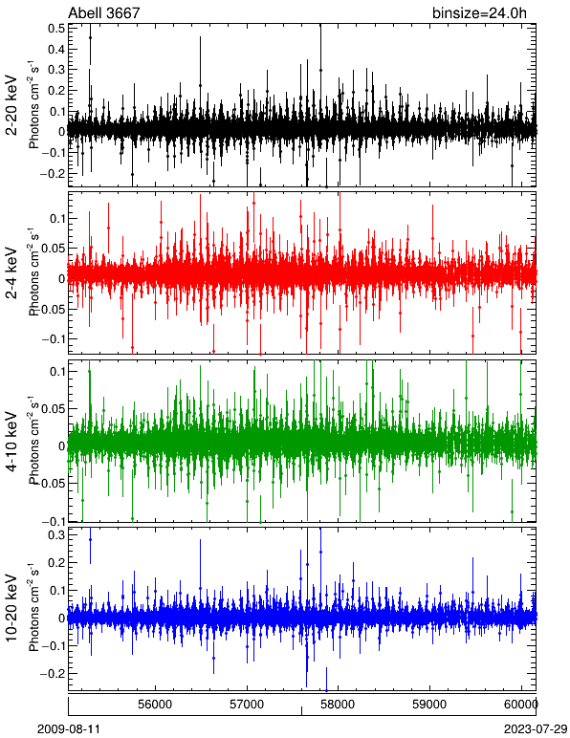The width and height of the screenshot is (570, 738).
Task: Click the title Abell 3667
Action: (x=103, y=12)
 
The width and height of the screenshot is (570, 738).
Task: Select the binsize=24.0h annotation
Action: (x=479, y=12)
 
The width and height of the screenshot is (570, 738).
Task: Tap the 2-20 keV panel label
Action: (x=11, y=105)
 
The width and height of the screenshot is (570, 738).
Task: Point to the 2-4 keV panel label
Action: (x=11, y=273)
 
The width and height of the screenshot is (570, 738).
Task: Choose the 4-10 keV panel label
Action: (x=11, y=441)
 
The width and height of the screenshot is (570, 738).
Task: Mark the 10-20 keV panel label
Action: (x=11, y=608)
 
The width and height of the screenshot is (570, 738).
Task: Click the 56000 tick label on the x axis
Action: (x=155, y=705)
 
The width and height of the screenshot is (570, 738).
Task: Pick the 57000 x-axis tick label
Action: (x=247, y=705)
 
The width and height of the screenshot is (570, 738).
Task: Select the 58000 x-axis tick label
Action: (x=339, y=705)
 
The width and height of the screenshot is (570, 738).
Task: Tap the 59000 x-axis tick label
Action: (x=430, y=705)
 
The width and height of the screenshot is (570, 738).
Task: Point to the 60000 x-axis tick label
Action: (x=521, y=705)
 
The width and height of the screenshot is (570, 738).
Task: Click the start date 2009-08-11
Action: (x=69, y=729)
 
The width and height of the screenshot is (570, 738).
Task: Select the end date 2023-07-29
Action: (x=536, y=729)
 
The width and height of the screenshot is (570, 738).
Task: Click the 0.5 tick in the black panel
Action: (x=56, y=29)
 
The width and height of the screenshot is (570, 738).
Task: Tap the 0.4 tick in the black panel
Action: (x=56, y=49)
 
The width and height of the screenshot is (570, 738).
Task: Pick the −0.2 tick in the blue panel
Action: (x=53, y=674)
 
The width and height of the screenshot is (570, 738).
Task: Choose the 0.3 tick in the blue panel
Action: (x=56, y=535)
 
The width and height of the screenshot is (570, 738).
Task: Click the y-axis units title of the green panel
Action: (x=33, y=441)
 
